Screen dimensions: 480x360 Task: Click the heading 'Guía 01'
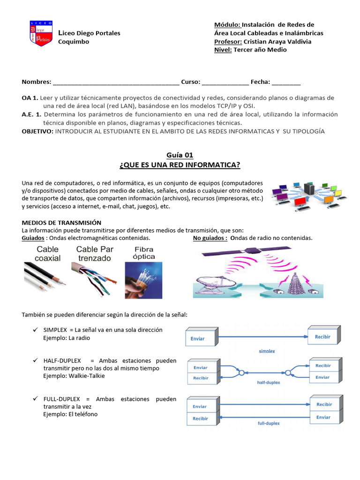pos(180,155)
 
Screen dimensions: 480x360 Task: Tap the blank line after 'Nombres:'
pos(116,82)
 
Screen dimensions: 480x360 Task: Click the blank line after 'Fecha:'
pos(286,82)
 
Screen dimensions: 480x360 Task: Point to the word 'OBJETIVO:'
pos(37,131)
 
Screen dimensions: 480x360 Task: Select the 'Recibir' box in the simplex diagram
pos(322,337)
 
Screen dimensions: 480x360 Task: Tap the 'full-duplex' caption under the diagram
pos(269,423)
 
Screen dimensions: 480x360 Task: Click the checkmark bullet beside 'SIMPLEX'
pos(35,330)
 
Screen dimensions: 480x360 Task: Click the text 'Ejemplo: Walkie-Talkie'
pos(74,376)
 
